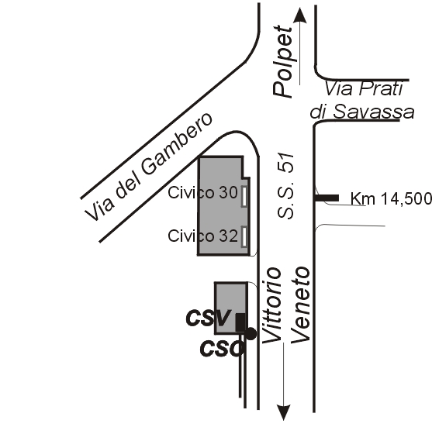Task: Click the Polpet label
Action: coord(282,61)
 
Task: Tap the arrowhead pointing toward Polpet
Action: coord(299,15)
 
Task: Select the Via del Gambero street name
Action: coord(148,167)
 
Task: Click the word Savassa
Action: coord(373,112)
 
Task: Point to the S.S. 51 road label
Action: coord(285,185)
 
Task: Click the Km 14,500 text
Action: coord(391,198)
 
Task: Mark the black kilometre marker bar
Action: coord(327,198)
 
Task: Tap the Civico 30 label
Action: coord(202,193)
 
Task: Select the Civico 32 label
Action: coord(202,236)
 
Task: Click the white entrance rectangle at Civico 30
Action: coord(244,196)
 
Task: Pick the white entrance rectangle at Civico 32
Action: coord(244,236)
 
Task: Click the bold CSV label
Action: coord(209,318)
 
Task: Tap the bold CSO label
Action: coord(222,348)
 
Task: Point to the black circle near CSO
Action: coord(251,334)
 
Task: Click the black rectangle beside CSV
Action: coord(240,322)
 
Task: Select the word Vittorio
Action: coord(272,305)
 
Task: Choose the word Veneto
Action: coord(301,305)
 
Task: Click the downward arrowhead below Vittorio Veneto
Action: coord(284,412)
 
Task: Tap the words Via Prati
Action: coord(364,88)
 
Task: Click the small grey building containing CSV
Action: coord(231,308)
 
